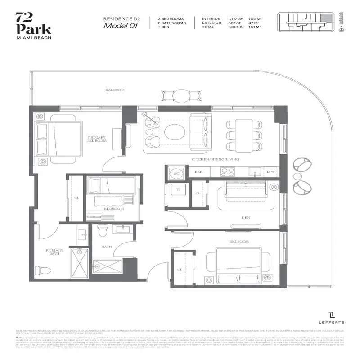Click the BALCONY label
(x=115, y=90)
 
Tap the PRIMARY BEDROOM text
(x=97, y=139)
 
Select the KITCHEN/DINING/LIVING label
(x=215, y=160)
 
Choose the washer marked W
(x=178, y=190)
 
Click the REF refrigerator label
(x=198, y=172)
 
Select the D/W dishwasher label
(x=271, y=172)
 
